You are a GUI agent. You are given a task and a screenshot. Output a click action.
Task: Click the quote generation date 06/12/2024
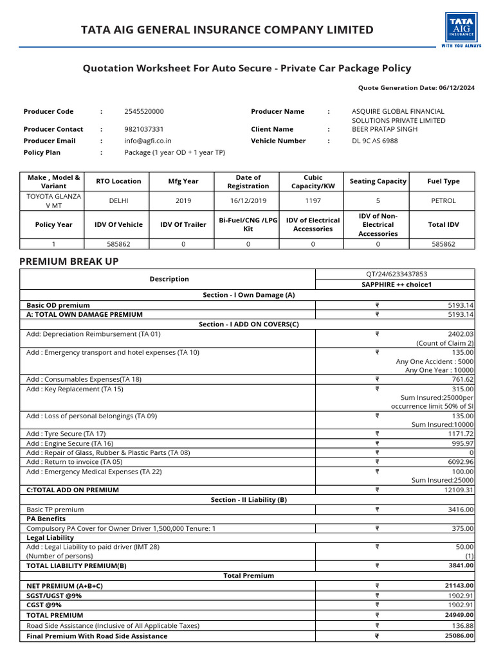[x=457, y=88]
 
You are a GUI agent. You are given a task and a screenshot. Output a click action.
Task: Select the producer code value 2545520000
[x=143, y=112]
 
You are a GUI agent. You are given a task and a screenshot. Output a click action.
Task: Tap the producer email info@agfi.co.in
[x=148, y=141]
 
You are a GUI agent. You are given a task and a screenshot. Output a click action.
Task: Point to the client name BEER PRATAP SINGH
[x=384, y=129]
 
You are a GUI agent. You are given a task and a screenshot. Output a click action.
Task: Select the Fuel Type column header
[x=443, y=182]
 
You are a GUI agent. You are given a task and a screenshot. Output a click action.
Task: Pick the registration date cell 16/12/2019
[x=248, y=200]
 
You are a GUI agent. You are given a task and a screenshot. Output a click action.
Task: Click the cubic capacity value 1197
[x=313, y=200]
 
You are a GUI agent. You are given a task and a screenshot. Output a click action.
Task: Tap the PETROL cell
[x=443, y=200]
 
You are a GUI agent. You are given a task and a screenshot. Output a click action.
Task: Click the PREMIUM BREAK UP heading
[x=69, y=262]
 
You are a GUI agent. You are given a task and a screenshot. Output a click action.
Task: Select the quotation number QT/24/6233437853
[x=395, y=274]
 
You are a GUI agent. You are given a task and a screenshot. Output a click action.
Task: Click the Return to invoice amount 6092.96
[x=461, y=462]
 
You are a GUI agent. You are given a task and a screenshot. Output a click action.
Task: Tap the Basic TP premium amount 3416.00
[x=461, y=510]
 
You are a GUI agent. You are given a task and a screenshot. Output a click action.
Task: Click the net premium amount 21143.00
[x=459, y=586]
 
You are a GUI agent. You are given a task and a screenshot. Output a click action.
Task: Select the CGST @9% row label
[x=44, y=605]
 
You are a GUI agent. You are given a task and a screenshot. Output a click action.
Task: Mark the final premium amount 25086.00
[x=459, y=636]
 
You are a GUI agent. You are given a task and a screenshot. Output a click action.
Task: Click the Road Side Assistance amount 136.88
[x=462, y=626]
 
